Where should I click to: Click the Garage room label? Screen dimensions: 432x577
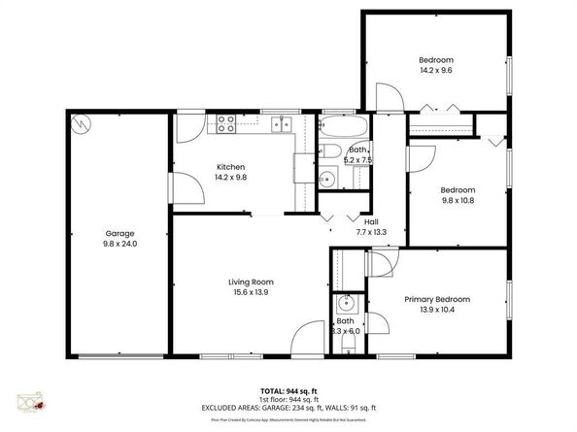(x=119, y=233)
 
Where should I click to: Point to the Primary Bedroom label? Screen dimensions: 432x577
(x=436, y=299)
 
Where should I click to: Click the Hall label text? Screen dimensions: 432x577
(x=371, y=220)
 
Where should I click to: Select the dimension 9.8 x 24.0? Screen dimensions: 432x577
(x=119, y=244)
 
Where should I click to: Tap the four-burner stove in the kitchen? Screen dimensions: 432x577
(x=226, y=123)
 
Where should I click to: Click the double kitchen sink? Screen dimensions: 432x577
(x=283, y=123)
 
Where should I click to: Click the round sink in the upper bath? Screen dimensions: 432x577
(x=328, y=177)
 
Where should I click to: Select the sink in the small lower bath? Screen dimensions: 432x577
(x=345, y=304)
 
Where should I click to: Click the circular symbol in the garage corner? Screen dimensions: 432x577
(x=81, y=122)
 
